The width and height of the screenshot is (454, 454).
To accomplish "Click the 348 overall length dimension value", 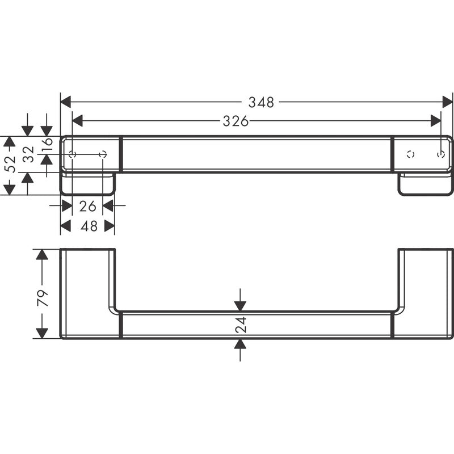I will point(261,102).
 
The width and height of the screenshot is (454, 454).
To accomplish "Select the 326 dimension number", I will point(236,121).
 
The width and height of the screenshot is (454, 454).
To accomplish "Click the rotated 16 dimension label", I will point(47,144).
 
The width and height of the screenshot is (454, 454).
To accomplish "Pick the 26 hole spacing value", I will point(87,206).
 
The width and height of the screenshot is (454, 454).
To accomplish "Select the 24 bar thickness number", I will point(241,325).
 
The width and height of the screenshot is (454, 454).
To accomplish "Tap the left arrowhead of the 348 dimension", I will point(66,102).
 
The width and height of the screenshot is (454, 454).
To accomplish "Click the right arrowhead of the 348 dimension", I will point(447,102).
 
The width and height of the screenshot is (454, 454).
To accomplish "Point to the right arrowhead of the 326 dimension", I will point(435,121).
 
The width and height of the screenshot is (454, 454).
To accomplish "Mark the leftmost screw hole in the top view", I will point(72,154).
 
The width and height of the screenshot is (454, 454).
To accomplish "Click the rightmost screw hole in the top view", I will point(441,154).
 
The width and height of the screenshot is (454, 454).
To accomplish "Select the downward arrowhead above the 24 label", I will point(240,306).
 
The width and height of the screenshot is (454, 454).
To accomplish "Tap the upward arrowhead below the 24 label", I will point(240,344).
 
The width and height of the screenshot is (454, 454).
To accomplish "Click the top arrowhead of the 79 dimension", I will point(42,254).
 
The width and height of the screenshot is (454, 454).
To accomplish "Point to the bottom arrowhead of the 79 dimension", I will point(42,333).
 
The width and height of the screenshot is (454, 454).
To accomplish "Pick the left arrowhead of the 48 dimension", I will point(66,226).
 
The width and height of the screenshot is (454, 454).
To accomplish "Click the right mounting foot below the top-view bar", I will point(425,184).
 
